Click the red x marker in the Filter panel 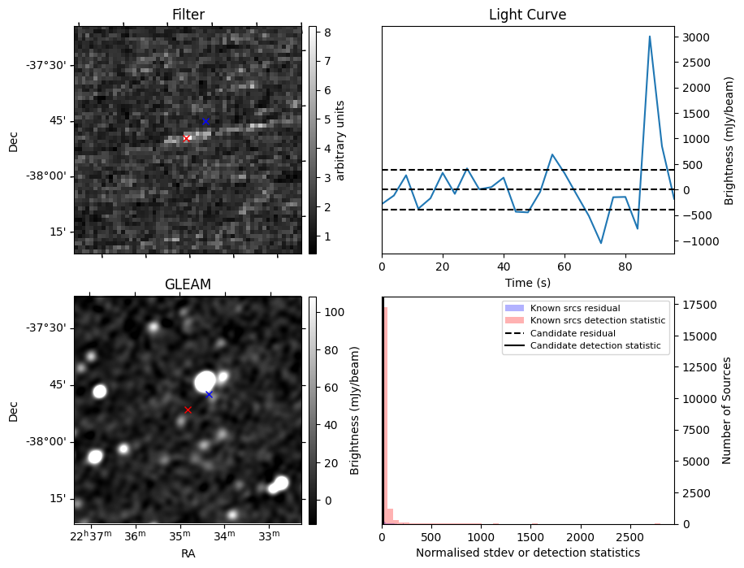pos(186,138)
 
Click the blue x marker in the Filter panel pos(205,121)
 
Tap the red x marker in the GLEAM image pos(188,410)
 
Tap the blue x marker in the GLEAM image pos(209,394)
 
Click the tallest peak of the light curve pos(650,37)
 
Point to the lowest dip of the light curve pos(601,243)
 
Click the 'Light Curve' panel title pos(527,15)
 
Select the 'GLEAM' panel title pos(188,284)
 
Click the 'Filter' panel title pos(188,15)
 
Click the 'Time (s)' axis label pos(527,282)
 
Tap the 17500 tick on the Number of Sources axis pos(696,305)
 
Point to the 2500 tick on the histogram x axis pos(629,538)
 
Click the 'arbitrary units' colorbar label pos(341,140)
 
